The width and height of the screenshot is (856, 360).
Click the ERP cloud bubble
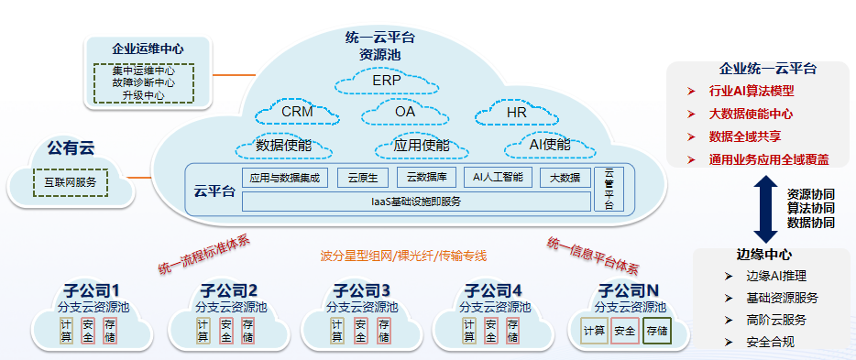[387, 82]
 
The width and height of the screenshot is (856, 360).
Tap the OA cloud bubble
[405, 112]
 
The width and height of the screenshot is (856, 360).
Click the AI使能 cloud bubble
[550, 145]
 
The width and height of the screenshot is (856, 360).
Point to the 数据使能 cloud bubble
[283, 146]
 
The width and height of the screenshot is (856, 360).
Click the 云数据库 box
[425, 178]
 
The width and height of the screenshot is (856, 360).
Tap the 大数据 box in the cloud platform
[565, 178]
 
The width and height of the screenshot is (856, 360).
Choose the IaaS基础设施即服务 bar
[416, 202]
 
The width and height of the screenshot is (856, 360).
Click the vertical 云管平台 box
[609, 189]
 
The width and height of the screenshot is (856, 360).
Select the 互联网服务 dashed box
[71, 182]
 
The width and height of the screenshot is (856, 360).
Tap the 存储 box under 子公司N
[657, 331]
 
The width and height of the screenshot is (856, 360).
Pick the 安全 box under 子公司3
[361, 331]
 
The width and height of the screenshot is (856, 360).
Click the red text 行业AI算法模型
[752, 91]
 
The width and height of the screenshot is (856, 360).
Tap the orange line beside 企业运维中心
[235, 75]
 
